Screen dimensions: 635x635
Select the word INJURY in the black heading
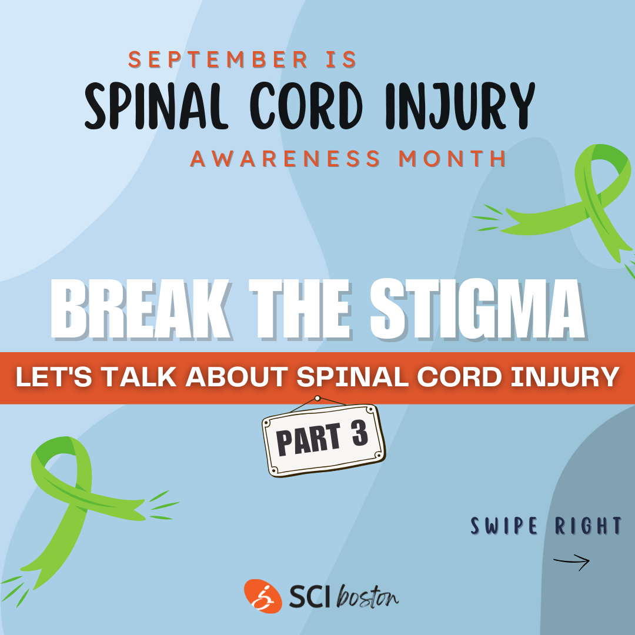460,106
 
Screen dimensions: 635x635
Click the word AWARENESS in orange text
285,158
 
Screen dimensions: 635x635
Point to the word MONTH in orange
452,158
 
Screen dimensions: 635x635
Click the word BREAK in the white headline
140,309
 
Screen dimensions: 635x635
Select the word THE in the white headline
299,309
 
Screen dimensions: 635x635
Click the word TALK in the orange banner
139,377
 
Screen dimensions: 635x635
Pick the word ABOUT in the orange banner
236,377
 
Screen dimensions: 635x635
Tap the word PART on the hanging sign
309,439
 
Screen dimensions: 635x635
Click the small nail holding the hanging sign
317,398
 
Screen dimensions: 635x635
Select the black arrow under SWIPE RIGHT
571,562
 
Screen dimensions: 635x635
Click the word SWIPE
504,526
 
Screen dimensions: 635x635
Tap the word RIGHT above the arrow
588,526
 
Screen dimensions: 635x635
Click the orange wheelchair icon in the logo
263,596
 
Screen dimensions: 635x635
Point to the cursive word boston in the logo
367,597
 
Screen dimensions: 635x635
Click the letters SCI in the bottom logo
309,597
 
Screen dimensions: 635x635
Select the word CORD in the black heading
306,106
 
